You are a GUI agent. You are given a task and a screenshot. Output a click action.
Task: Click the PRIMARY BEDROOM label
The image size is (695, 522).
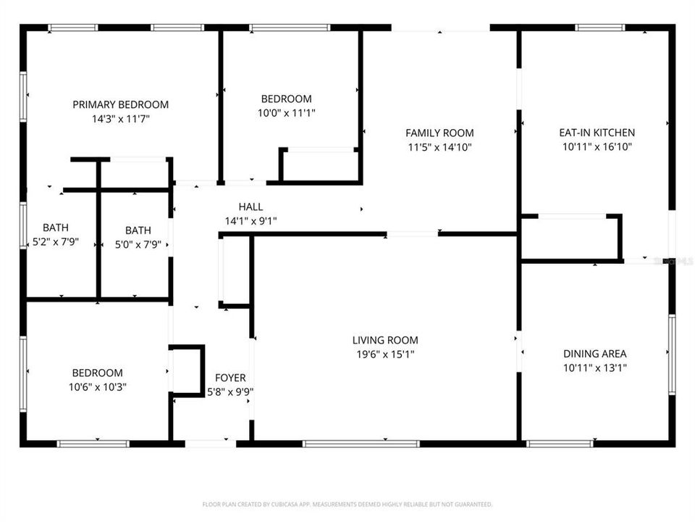pyautogui.click(x=120, y=104)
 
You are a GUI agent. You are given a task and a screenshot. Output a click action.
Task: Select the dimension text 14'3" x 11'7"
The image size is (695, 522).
pyautogui.click(x=120, y=118)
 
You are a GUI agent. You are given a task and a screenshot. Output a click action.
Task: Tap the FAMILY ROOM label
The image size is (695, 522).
pyautogui.click(x=439, y=133)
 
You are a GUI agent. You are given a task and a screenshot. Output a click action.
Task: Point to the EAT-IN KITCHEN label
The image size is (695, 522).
pyautogui.click(x=597, y=133)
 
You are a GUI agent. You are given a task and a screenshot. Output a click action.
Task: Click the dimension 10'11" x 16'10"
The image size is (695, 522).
pyautogui.click(x=597, y=146)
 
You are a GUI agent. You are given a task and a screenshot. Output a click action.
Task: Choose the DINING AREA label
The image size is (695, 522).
pyautogui.click(x=594, y=354)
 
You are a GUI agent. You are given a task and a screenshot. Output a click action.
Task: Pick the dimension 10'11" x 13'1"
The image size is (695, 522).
pyautogui.click(x=594, y=368)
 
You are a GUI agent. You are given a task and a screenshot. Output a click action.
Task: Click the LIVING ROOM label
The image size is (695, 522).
pyautogui.click(x=384, y=340)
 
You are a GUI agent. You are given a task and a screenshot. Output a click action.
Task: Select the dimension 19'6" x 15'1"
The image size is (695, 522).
pyautogui.click(x=384, y=354)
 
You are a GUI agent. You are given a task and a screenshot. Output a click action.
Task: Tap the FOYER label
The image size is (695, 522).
pyautogui.click(x=230, y=378)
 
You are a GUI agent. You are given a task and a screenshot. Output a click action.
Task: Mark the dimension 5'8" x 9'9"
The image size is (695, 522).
pyautogui.click(x=230, y=391)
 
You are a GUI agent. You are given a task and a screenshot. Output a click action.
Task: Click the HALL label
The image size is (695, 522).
pyautogui.click(x=250, y=207)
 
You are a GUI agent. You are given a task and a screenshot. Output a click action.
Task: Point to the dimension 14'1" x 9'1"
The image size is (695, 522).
pyautogui.click(x=250, y=221)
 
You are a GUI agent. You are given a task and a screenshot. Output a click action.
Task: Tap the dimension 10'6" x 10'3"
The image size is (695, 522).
pyautogui.click(x=96, y=386)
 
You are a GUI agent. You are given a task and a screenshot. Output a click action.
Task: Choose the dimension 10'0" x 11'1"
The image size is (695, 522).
pyautogui.click(x=286, y=112)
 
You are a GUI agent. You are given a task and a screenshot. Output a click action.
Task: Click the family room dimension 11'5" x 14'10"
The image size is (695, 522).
pyautogui.click(x=439, y=146)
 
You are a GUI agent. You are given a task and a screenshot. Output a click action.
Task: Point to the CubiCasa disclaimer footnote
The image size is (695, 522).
pyautogui.click(x=347, y=504)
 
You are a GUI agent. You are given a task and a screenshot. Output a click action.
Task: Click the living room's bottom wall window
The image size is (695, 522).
pyautogui.click(x=351, y=444)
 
